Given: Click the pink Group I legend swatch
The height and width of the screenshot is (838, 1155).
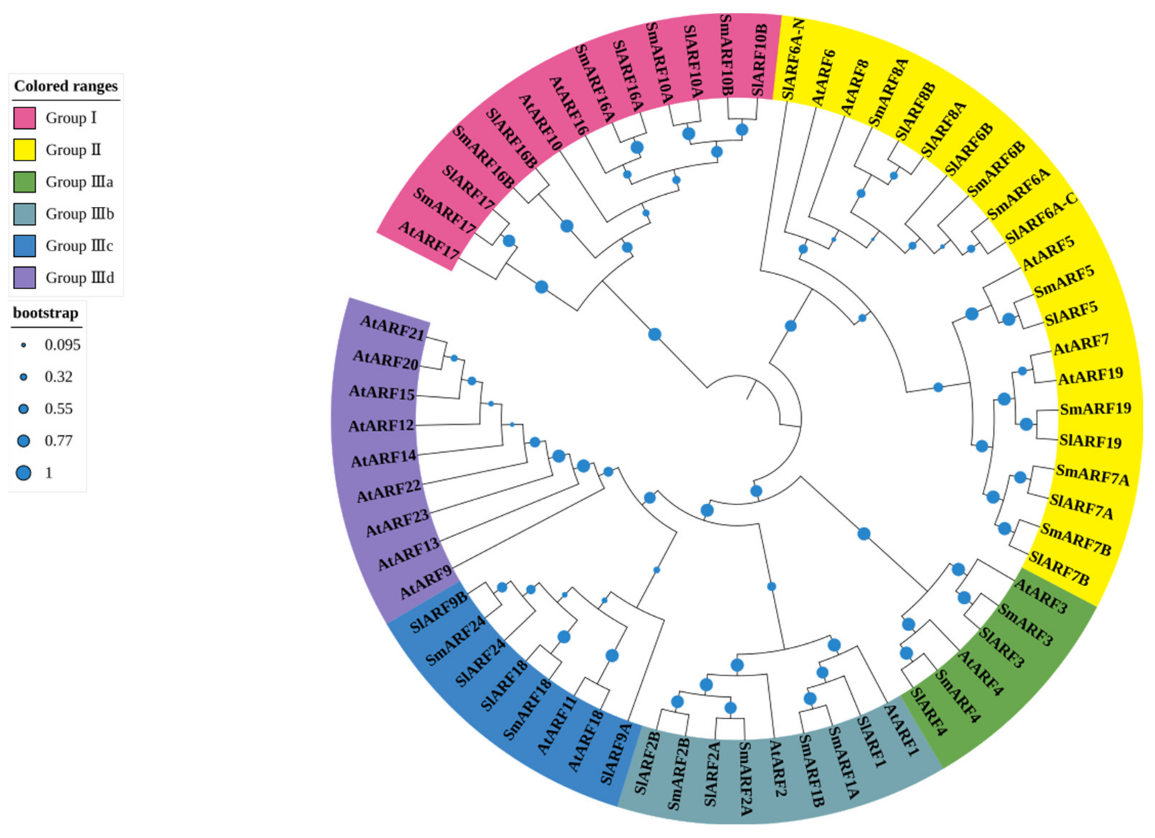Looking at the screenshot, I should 24,118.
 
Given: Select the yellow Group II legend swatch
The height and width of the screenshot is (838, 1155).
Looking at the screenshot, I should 24,150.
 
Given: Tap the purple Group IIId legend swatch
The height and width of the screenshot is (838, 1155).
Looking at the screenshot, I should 24,278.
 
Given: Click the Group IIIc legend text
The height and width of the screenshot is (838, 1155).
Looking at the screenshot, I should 79,245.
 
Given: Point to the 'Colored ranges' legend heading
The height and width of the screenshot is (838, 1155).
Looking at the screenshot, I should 66,86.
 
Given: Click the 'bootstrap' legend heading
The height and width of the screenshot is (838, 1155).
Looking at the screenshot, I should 46,313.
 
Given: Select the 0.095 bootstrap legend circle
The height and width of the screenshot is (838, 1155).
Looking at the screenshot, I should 23,345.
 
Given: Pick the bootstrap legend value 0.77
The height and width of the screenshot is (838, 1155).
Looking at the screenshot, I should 59,440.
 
